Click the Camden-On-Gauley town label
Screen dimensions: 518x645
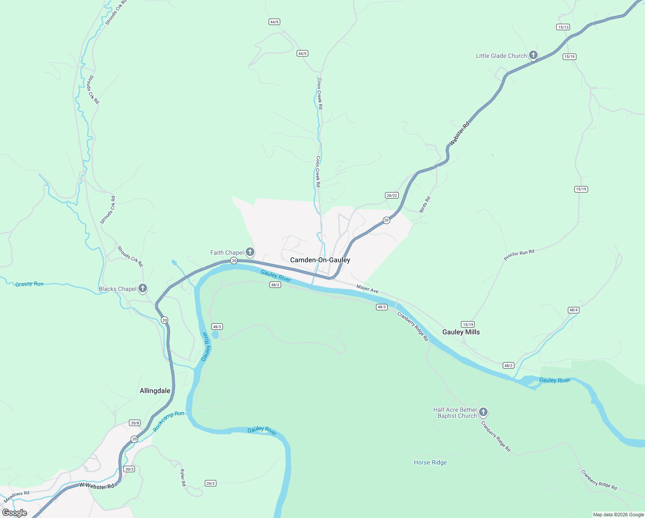[320, 260]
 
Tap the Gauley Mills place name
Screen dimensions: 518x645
[461, 332]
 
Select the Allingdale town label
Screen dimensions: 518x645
[155, 391]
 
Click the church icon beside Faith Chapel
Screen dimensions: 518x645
[250, 252]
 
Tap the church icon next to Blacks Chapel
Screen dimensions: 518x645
[143, 288]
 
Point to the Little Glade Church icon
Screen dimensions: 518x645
[533, 55]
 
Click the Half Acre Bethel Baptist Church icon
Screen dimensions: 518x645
[483, 412]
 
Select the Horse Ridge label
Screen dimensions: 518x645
[430, 462]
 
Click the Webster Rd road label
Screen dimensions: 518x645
[459, 133]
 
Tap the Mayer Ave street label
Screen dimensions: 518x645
[367, 289]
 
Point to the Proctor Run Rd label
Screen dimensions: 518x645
[519, 255]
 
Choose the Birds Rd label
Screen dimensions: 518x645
[425, 205]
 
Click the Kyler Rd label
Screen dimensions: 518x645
[183, 477]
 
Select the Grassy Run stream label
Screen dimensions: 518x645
[29, 284]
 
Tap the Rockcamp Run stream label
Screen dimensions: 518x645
[169, 420]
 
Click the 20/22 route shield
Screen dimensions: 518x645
[391, 196]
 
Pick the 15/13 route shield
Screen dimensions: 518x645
[563, 27]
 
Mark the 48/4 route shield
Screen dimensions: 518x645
[573, 310]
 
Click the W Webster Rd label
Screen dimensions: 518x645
[97, 486]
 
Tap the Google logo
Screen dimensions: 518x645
[15, 513]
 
